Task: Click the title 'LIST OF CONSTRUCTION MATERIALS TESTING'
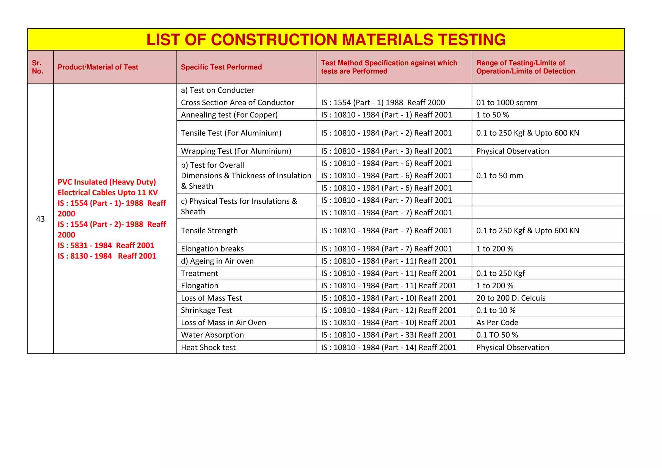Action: click(326, 40)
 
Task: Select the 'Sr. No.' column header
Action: click(37, 67)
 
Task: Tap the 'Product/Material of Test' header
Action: click(98, 67)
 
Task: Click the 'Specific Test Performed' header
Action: click(221, 67)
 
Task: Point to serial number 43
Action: click(40, 219)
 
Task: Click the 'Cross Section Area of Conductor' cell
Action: click(237, 102)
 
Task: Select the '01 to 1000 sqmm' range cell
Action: click(507, 102)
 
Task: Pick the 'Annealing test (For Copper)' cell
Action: click(229, 115)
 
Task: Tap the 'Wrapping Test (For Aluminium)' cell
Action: click(236, 151)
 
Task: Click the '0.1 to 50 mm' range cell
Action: click(499, 175)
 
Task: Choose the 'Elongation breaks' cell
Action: click(212, 249)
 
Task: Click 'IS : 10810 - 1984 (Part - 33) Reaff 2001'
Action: click(389, 335)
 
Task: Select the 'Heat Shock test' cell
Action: click(208, 347)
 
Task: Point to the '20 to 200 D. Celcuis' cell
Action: click(511, 298)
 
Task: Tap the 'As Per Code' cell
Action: click(497, 323)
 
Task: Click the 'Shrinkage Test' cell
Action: click(206, 310)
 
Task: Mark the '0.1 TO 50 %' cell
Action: click(497, 335)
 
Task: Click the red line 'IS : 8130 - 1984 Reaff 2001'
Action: click(107, 256)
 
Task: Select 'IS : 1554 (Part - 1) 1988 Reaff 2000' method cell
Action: click(383, 102)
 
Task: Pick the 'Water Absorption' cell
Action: click(212, 335)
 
